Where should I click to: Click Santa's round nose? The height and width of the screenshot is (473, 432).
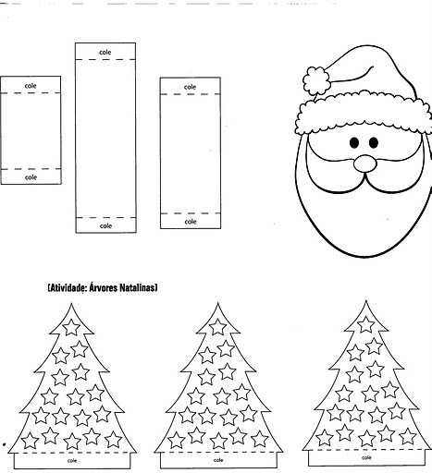(364, 164)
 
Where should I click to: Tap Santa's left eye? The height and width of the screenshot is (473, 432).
(354, 142)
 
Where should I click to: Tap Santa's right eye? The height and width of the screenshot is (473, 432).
(374, 142)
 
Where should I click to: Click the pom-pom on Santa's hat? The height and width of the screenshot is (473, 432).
(316, 80)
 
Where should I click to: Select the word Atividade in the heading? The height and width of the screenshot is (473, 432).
(68, 288)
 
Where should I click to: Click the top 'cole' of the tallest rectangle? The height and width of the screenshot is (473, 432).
(105, 53)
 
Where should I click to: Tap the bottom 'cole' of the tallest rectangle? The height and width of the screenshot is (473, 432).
(105, 226)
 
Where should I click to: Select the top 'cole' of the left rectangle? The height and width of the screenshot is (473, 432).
(31, 86)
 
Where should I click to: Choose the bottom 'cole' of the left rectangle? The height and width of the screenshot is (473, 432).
(31, 177)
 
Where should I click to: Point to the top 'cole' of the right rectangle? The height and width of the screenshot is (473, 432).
(190, 87)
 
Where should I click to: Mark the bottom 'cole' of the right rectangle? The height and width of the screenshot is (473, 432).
(191, 222)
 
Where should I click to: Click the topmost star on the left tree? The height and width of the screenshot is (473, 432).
(71, 327)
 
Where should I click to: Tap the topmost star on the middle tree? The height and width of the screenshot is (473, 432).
(217, 326)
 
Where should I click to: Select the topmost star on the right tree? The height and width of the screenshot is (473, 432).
(366, 324)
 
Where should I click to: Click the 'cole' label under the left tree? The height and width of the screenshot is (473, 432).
(72, 461)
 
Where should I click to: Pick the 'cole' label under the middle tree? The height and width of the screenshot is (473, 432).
(218, 460)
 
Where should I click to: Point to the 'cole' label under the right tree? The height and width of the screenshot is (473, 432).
(366, 458)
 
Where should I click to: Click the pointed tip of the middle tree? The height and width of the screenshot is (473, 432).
(217, 303)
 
